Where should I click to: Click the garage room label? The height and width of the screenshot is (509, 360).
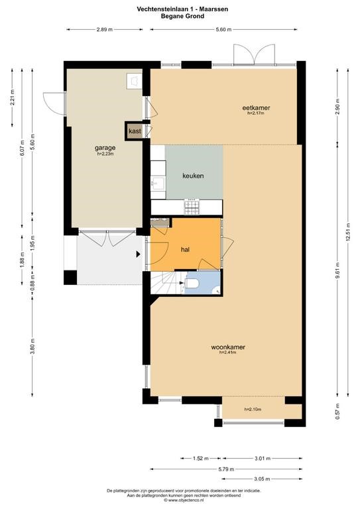click(105, 148)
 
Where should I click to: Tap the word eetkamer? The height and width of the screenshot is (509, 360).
click(256, 108)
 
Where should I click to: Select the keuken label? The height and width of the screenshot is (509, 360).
click(193, 176)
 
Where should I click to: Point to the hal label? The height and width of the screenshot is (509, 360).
click(186, 250)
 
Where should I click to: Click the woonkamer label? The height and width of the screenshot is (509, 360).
click(228, 347)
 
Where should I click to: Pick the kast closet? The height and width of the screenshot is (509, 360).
click(135, 131)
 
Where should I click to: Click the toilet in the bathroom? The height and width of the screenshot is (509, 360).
click(192, 284)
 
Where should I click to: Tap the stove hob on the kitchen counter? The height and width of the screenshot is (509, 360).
click(192, 207)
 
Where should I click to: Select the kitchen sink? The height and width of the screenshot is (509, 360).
click(158, 183)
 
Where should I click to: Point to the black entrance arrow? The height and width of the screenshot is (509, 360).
click(139, 254)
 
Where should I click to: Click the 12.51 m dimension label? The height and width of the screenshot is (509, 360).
click(348, 232)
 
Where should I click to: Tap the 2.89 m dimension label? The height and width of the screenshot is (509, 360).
click(105, 30)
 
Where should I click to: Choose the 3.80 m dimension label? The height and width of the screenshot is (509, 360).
click(32, 347)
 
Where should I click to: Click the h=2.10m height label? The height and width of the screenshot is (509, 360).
click(253, 410)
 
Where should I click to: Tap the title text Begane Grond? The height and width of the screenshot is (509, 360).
click(182, 16)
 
